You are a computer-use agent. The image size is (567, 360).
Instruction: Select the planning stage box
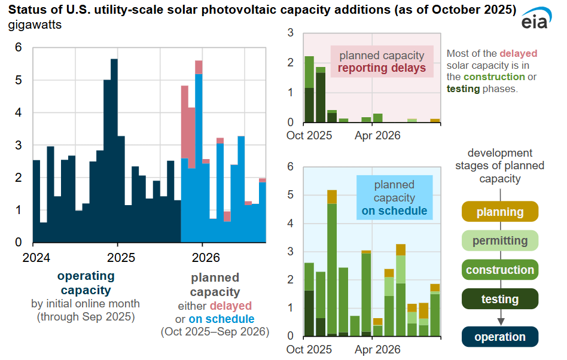(500, 212)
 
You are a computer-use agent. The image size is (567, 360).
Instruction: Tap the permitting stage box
(500, 241)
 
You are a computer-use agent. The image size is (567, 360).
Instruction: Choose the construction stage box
(500, 270)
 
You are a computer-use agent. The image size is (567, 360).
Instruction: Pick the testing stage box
(500, 299)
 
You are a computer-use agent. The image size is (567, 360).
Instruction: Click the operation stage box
(500, 337)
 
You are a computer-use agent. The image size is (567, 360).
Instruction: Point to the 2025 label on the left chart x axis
(117, 258)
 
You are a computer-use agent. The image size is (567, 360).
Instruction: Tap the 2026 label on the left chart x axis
(202, 258)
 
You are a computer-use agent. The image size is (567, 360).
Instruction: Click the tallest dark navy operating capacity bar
(114, 150)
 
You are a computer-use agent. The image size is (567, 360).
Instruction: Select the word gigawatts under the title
(34, 25)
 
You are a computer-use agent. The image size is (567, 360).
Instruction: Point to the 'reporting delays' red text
(382, 68)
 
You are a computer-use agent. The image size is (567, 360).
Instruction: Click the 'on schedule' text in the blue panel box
(394, 210)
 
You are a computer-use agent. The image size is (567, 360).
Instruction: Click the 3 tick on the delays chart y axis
(290, 33)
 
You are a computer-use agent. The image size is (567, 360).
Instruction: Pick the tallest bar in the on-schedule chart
(332, 263)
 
